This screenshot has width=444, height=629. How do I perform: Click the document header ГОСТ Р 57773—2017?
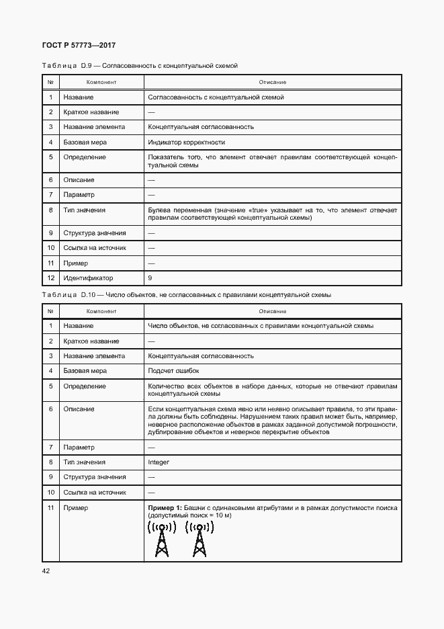point(79,45)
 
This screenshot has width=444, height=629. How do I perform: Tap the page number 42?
point(46,571)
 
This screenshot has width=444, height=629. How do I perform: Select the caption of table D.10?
point(186,295)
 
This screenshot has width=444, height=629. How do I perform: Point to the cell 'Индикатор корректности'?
point(186,142)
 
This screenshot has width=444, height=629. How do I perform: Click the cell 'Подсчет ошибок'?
point(173,371)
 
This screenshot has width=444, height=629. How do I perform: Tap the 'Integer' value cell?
point(159,462)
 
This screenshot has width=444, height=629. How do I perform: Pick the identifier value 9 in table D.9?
point(150,278)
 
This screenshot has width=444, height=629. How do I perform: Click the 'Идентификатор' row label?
point(88,278)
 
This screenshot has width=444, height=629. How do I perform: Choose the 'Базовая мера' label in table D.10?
point(85,371)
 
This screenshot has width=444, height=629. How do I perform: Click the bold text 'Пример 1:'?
point(165,508)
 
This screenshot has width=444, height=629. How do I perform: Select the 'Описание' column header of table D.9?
point(273,83)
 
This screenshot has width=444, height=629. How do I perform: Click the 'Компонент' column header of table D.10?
point(101,312)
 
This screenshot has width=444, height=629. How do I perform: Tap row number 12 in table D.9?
point(50,278)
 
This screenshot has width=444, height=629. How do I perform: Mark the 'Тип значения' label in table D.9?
point(85,210)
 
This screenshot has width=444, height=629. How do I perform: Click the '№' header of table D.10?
point(50,312)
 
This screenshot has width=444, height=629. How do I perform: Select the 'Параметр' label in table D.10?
point(79,448)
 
